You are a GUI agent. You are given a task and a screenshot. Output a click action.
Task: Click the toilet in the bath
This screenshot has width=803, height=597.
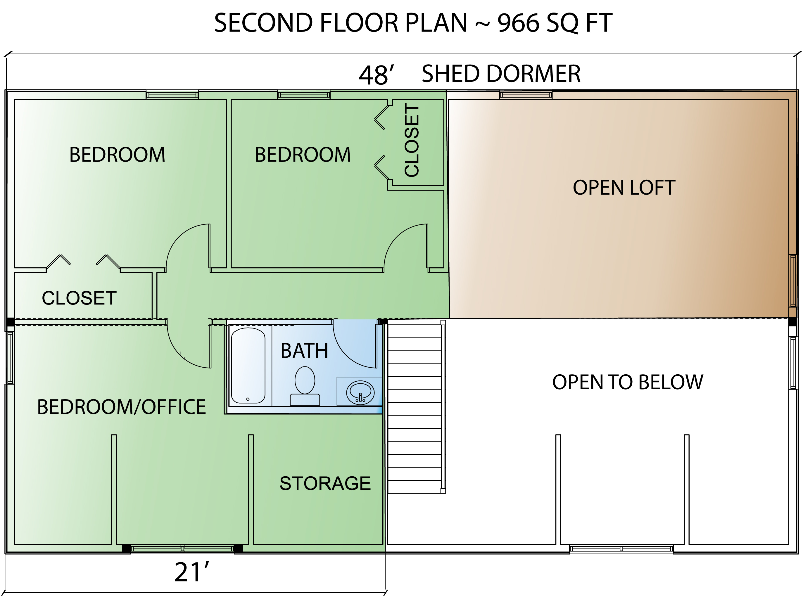coord(305,385)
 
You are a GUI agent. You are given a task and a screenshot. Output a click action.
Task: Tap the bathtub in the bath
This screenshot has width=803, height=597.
coord(248,365)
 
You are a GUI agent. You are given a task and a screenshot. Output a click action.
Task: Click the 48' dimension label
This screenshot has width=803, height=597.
coord(376,75)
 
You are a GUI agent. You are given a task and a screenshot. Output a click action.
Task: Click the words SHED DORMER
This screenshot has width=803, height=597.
coord(501,74)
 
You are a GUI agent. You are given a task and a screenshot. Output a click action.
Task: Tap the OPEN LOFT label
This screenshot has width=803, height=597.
coord(624,188)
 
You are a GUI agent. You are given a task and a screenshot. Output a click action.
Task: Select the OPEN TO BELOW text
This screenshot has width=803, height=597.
coord(628,382)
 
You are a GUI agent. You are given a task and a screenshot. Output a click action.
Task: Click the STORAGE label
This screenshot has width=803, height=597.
coord(325,483)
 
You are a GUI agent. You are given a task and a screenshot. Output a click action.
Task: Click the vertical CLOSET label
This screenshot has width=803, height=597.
coord(412,140)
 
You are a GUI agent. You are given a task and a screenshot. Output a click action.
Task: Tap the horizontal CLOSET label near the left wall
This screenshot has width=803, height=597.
coord(79,298)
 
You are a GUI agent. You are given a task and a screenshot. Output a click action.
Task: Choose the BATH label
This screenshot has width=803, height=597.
coord(304,351)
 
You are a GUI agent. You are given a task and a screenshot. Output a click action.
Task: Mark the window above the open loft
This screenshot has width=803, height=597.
coord(526,95)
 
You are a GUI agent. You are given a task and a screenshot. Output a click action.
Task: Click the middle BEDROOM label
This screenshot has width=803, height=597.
coord(303,155)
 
